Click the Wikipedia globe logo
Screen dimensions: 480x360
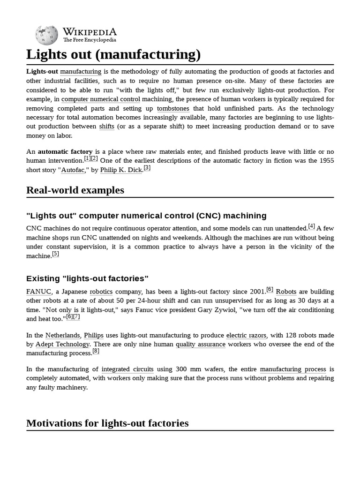coord(46,35)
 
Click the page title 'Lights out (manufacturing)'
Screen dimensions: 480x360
coord(113,55)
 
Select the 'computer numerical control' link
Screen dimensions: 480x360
coord(101,99)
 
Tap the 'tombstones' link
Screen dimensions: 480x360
coord(173,108)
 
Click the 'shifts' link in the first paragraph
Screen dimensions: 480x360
coord(106,127)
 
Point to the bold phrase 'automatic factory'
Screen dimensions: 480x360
coord(65,151)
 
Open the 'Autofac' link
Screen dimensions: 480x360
coord(73,170)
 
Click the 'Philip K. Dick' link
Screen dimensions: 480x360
coord(121,170)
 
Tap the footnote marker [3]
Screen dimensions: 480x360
coord(147,168)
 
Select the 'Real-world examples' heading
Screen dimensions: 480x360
coord(75,190)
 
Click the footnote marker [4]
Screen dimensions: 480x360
coord(312,226)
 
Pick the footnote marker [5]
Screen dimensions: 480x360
coord(56,254)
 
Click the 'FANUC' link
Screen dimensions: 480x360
coord(38,292)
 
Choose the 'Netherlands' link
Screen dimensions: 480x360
coord(62,335)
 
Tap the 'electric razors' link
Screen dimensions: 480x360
coord(246,335)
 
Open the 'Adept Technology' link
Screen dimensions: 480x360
coord(62,344)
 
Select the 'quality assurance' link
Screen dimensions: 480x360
coord(201,344)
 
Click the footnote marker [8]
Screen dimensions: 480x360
coord(96,351)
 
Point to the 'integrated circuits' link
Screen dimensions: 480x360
coord(127,369)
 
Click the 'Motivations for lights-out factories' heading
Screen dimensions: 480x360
coord(107,423)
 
